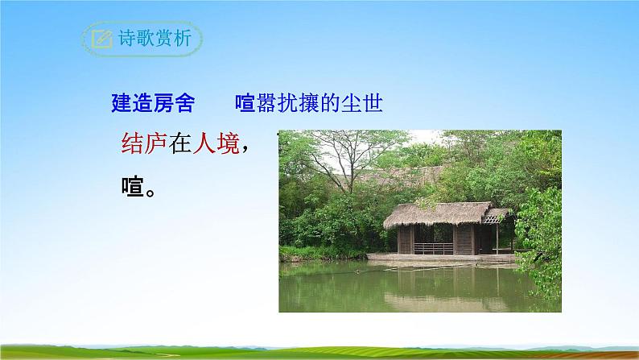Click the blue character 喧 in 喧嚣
245,103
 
